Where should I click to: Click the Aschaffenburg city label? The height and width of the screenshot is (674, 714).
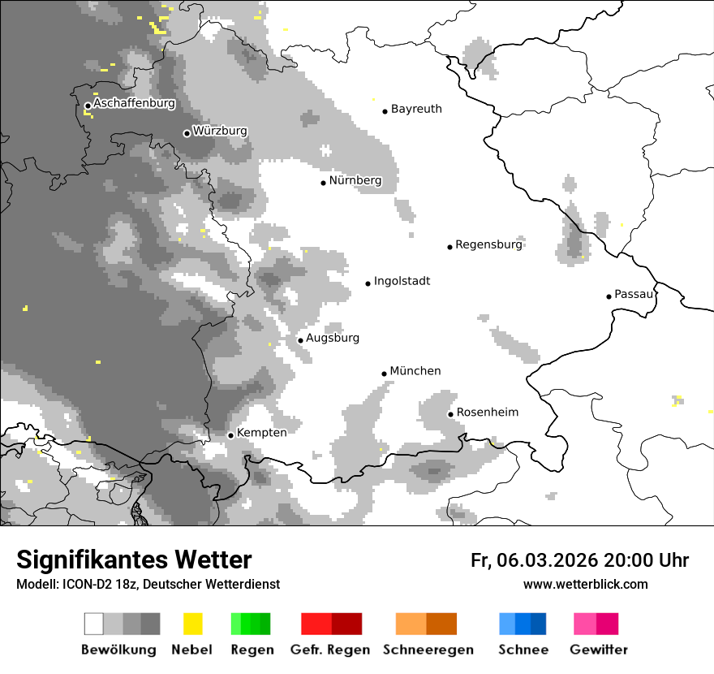click(x=134, y=104)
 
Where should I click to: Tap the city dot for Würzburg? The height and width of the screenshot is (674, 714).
click(x=187, y=133)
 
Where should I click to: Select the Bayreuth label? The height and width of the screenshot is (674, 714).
click(x=416, y=109)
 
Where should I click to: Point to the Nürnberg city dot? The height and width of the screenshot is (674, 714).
click(x=323, y=182)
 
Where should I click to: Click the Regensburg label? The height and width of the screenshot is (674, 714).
click(x=488, y=244)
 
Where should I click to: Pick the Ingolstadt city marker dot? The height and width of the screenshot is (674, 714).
click(x=368, y=283)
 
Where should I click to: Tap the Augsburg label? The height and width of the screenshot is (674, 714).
click(x=332, y=338)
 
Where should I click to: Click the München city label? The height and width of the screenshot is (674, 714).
click(x=415, y=371)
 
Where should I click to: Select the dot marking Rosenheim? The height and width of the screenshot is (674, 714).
click(x=450, y=414)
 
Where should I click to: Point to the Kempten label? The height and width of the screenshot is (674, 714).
click(x=262, y=433)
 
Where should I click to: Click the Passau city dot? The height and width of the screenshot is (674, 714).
click(x=609, y=296)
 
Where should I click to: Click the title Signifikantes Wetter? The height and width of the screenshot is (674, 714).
click(x=134, y=560)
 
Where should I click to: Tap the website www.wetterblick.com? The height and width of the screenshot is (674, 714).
click(x=585, y=585)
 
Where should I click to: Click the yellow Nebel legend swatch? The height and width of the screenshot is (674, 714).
click(x=192, y=624)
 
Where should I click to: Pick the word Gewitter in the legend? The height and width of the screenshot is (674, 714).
click(x=598, y=650)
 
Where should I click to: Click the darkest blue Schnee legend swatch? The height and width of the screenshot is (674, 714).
click(x=539, y=624)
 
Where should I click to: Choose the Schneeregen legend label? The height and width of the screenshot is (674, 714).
click(x=428, y=650)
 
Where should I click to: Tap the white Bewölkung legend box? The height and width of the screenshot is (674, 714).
click(x=94, y=624)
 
